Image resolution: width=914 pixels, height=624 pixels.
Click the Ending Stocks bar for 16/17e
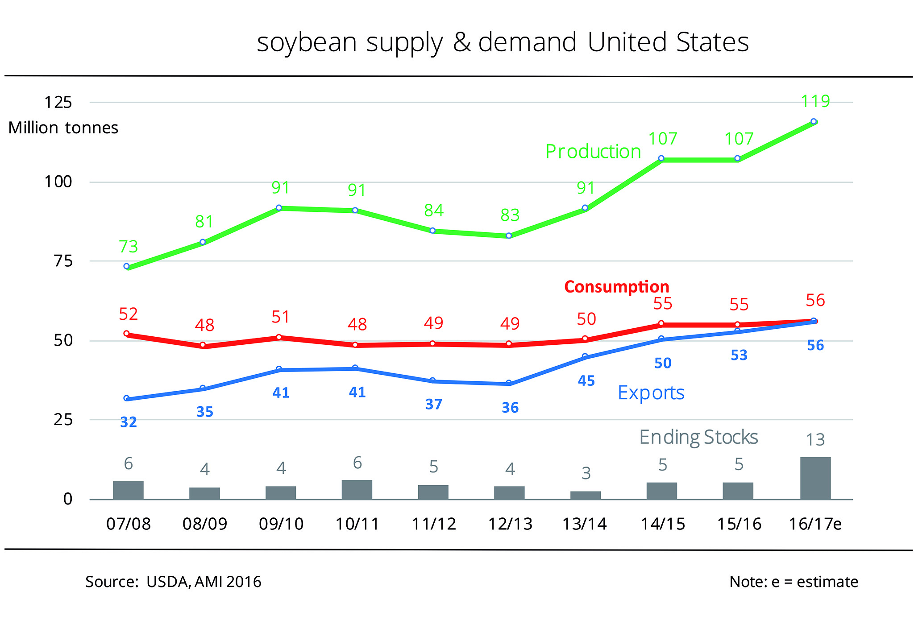tap(815, 478)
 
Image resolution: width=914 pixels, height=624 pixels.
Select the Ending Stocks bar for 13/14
tap(585, 495)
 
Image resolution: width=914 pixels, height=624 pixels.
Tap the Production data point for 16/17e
tap(814, 121)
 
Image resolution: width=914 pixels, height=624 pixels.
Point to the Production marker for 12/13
tap(509, 236)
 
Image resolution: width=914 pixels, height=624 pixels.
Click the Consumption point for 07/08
tap(126, 334)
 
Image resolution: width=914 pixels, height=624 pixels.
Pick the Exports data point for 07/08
tap(126, 398)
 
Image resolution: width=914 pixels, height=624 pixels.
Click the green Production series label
tap(593, 152)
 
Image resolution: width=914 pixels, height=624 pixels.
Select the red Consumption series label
tap(616, 287)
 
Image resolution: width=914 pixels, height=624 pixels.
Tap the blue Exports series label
tap(651, 393)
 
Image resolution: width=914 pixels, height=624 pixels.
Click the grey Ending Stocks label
tap(698, 437)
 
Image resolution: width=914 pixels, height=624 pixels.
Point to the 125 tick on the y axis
tap(58, 103)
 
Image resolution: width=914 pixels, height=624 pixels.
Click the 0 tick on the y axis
tap(67, 499)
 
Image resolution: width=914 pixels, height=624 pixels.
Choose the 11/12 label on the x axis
tap(433, 524)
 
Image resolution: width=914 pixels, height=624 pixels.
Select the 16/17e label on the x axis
tap(815, 524)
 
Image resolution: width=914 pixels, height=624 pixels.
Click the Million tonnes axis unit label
tap(63, 128)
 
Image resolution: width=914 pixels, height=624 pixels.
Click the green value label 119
tap(815, 101)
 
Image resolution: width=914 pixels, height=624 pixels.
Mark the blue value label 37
tap(433, 405)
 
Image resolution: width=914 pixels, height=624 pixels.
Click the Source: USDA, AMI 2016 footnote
tap(173, 582)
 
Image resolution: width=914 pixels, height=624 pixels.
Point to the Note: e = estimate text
tap(794, 582)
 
